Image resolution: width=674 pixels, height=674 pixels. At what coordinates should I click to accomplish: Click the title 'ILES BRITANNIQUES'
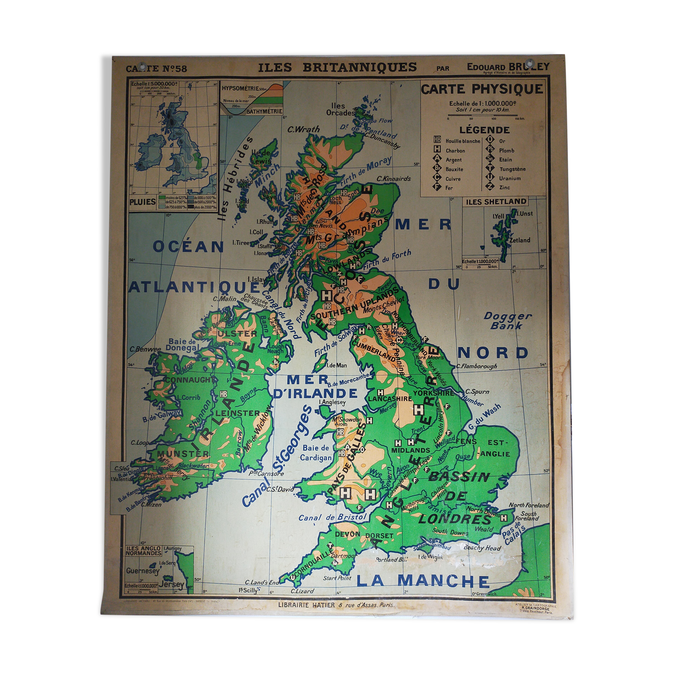[337, 68]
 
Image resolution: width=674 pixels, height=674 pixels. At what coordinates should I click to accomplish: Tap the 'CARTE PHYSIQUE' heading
[482, 89]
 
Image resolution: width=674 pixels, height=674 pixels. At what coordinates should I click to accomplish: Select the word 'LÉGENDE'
[484, 130]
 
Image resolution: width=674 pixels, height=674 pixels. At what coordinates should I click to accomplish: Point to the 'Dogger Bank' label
[507, 321]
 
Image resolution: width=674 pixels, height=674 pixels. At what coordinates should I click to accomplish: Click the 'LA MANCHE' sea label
[423, 581]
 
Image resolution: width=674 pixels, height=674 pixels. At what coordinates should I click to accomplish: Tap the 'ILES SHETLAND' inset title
[496, 202]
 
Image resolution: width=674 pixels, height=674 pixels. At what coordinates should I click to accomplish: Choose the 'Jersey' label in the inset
[171, 584]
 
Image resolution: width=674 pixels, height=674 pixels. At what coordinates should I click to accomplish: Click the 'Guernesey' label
[142, 571]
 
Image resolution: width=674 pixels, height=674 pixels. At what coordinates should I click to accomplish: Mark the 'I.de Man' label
[336, 365]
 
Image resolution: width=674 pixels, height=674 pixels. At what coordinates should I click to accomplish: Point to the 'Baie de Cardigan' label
[316, 453]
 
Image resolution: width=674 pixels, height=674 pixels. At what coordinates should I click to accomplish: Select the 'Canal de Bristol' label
[332, 517]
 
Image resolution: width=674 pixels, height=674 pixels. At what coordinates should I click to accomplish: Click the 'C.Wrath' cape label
[303, 130]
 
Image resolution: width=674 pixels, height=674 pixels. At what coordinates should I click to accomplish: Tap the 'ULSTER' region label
[237, 334]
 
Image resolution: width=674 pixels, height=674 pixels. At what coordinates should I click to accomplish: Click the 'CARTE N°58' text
[156, 69]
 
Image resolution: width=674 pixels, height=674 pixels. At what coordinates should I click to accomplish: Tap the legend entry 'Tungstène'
[512, 169]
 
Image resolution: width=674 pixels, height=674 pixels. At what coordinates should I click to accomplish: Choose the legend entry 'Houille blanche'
[463, 141]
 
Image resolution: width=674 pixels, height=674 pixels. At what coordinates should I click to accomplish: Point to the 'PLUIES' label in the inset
[142, 202]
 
